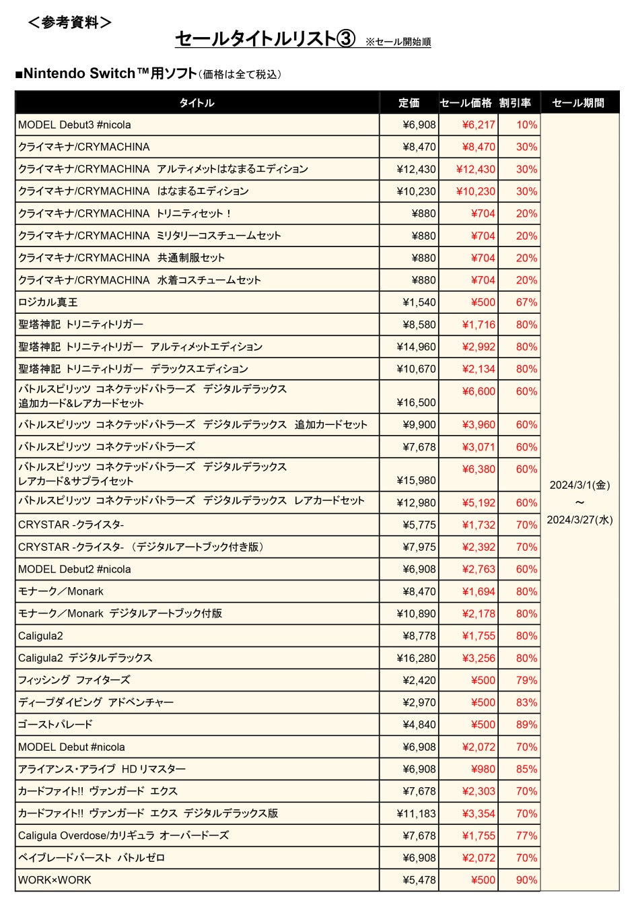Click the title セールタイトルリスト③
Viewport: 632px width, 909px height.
(265, 39)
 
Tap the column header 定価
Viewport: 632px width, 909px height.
(409, 103)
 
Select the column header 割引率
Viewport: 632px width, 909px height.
(515, 103)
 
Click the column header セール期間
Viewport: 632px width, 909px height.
(578, 103)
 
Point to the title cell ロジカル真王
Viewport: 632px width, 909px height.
(48, 302)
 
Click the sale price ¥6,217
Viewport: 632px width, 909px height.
(479, 125)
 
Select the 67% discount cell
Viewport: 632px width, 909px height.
(526, 302)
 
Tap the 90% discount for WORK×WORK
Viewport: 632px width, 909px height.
(526, 880)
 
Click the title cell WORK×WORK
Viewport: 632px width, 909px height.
(55, 880)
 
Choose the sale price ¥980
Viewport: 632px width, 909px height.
(483, 769)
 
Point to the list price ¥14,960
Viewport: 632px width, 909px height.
(416, 347)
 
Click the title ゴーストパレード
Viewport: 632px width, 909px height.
(55, 725)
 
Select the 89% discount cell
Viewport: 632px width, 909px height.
(526, 725)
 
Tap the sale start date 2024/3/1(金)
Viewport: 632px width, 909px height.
(580, 485)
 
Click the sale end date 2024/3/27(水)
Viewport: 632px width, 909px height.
(580, 520)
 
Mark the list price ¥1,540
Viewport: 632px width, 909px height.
(419, 302)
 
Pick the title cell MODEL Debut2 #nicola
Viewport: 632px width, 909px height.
(75, 569)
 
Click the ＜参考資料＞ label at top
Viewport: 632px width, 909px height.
(69, 22)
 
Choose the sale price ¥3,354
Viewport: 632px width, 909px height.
(479, 813)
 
